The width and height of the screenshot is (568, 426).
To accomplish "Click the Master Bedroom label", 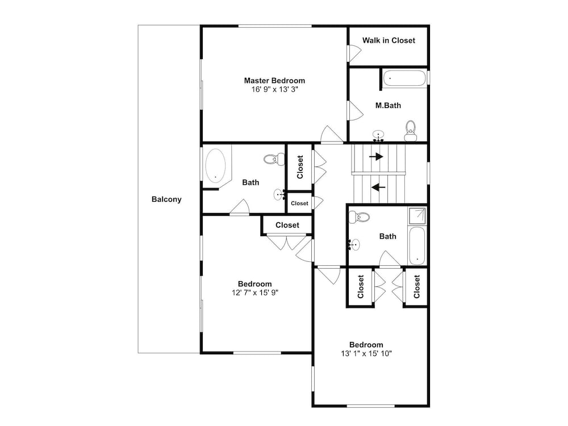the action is click(274, 81).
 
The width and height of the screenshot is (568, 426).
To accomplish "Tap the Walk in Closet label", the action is click(389, 40).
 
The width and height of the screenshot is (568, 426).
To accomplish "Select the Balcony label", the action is click(166, 199).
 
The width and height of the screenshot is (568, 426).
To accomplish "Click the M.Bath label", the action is click(388, 106).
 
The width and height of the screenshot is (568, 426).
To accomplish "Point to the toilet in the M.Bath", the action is click(411, 131).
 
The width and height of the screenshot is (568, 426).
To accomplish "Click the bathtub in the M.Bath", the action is click(404, 78).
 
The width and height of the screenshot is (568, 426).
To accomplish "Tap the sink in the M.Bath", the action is click(378, 136).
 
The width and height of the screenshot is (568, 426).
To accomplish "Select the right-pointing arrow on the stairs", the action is click(376, 157).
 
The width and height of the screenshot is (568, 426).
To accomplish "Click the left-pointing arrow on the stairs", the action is click(378, 187).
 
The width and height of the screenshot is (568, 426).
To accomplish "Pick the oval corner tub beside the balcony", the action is click(216, 166).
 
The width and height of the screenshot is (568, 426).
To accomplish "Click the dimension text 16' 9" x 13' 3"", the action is click(274, 89).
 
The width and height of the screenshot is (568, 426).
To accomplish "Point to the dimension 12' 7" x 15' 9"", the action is click(255, 293).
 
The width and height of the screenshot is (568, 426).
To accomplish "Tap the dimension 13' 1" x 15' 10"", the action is click(366, 353).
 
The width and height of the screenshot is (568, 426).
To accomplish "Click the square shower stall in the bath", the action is click(417, 216).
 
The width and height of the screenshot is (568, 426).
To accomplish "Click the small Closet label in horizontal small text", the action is click(299, 203).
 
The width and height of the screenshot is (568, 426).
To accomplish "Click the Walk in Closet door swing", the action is click(354, 53).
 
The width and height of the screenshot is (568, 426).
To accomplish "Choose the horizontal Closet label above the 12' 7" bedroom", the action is click(287, 225).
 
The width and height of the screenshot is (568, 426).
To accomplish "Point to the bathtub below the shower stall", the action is click(417, 246).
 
